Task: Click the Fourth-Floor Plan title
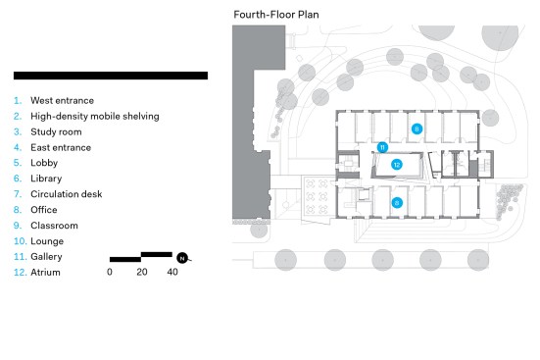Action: pyautogui.click(x=276, y=15)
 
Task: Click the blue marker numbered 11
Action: pyautogui.click(x=382, y=147)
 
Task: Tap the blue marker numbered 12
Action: pyautogui.click(x=397, y=165)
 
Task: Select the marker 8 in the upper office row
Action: pyautogui.click(x=417, y=129)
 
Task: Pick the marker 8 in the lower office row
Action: pyautogui.click(x=397, y=203)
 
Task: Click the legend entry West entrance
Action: pyautogui.click(x=62, y=101)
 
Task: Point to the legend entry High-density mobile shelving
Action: pyautogui.click(x=95, y=116)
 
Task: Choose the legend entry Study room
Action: pyautogui.click(x=56, y=132)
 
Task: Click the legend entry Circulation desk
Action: pyautogui.click(x=66, y=194)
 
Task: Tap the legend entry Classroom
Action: pyautogui.click(x=54, y=226)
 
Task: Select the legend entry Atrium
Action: pyautogui.click(x=45, y=273)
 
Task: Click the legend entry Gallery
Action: pyautogui.click(x=46, y=257)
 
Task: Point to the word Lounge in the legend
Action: pyautogui.click(x=47, y=241)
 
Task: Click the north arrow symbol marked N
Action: pyautogui.click(x=182, y=258)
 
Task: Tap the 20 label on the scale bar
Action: pyautogui.click(x=142, y=272)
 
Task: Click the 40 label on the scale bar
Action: pyautogui.click(x=172, y=272)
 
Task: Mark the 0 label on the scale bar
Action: pyautogui.click(x=110, y=272)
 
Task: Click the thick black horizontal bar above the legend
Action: pyautogui.click(x=111, y=76)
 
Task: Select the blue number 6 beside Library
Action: pyautogui.click(x=18, y=179)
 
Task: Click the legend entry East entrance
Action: pyautogui.click(x=61, y=147)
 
